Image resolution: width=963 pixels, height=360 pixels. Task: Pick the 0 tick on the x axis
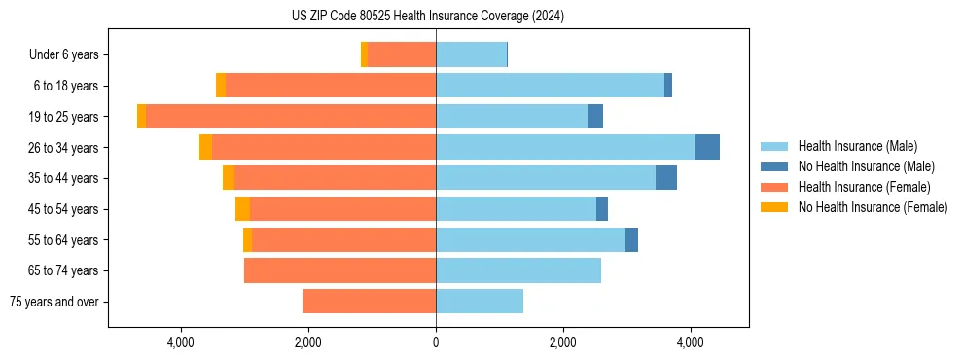click(436, 342)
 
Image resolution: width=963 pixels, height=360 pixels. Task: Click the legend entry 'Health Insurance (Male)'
click(857, 146)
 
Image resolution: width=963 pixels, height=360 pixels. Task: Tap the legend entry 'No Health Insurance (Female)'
click(873, 207)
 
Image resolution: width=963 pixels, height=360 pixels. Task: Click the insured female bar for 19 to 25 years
click(291, 117)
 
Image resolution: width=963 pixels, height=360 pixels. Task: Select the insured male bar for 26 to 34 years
click(565, 147)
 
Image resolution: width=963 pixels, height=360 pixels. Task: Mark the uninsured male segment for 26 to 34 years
click(707, 147)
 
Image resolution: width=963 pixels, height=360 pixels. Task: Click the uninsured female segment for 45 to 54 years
click(242, 209)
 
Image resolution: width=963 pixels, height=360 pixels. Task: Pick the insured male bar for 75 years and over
click(480, 302)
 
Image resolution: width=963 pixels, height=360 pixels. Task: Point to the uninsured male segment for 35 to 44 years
click(666, 178)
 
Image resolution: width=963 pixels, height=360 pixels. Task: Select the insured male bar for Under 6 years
click(471, 55)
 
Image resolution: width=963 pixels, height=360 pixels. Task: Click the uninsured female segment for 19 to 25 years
click(141, 117)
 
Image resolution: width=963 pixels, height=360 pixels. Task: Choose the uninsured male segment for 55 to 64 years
click(631, 239)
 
